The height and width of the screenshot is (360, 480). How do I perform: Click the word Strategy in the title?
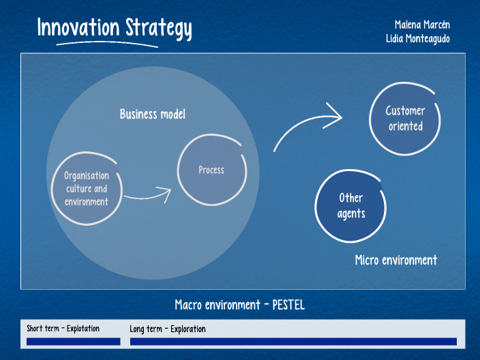coord(159,28)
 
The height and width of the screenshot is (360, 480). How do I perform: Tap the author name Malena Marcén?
coord(418,25)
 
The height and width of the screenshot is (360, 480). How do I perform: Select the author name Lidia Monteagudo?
coord(418,39)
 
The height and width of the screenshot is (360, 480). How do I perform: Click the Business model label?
coord(153,114)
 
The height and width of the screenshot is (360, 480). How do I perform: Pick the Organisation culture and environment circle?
coord(86,189)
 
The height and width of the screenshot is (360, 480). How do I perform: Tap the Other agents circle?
coord(351,205)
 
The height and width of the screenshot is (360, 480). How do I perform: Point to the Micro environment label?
coord(396,260)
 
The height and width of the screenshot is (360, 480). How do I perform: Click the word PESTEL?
coord(288,305)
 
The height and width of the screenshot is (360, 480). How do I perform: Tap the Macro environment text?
coord(217,305)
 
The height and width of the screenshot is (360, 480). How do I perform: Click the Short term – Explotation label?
coord(63,329)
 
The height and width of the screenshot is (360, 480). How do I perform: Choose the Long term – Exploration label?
coord(168,329)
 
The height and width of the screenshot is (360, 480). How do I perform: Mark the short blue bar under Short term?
coord(73,341)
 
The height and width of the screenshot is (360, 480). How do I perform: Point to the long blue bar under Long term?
coord(293,341)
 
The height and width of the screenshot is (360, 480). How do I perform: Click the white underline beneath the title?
coord(107,45)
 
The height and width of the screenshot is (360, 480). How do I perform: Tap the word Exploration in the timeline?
coord(188,329)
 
